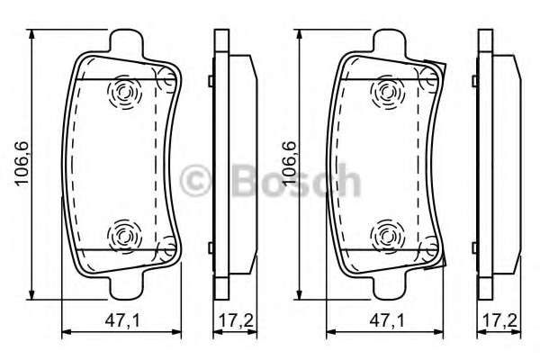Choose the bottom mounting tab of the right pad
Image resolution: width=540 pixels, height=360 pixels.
tap(389, 287)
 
